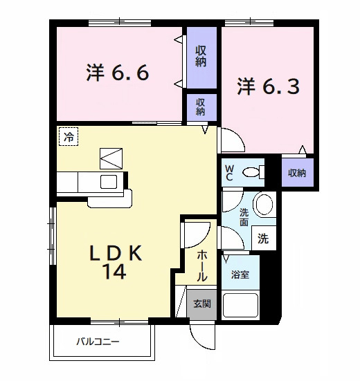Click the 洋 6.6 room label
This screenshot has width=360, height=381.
[118, 73]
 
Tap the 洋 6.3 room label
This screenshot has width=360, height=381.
[269, 86]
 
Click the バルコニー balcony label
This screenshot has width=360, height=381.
[98, 342]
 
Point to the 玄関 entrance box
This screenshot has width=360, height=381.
[201, 304]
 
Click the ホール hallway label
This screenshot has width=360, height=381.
[201, 265]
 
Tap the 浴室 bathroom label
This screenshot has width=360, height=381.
[240, 274]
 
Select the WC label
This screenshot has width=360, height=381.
[229, 171]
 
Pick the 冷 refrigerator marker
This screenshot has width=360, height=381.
[68, 138]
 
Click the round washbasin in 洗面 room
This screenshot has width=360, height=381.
[263, 204]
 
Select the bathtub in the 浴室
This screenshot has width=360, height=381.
[240, 305]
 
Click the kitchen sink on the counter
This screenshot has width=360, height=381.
[109, 182]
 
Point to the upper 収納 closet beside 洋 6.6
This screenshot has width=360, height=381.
[201, 56]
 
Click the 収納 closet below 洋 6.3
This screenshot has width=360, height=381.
[298, 173]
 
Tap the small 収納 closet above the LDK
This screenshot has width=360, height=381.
[201, 106]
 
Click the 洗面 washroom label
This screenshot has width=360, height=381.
[244, 217]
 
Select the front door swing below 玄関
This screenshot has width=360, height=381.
[204, 337]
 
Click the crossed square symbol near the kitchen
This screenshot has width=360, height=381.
[110, 158]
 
